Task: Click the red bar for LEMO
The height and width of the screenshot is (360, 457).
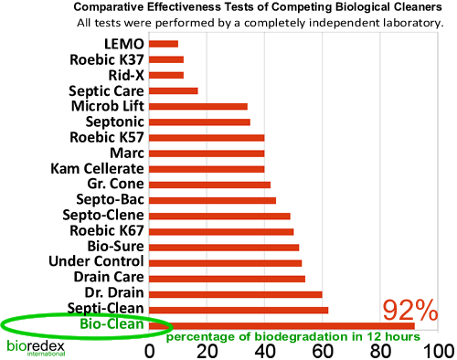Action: (x=163, y=43)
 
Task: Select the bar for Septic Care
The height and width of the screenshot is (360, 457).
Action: (x=173, y=90)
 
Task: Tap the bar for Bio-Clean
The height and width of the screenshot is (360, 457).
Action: (x=282, y=325)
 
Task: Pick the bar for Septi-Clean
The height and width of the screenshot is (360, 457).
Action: (x=239, y=310)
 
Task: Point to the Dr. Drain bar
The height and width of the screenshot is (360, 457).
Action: (x=235, y=294)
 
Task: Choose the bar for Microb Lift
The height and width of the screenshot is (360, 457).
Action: (x=197, y=106)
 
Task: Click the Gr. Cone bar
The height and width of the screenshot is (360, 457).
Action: (x=209, y=185)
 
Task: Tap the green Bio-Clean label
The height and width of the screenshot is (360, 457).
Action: (x=111, y=324)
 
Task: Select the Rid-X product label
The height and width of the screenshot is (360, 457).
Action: (x=119, y=75)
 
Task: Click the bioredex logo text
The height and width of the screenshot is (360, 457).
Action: (x=31, y=346)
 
